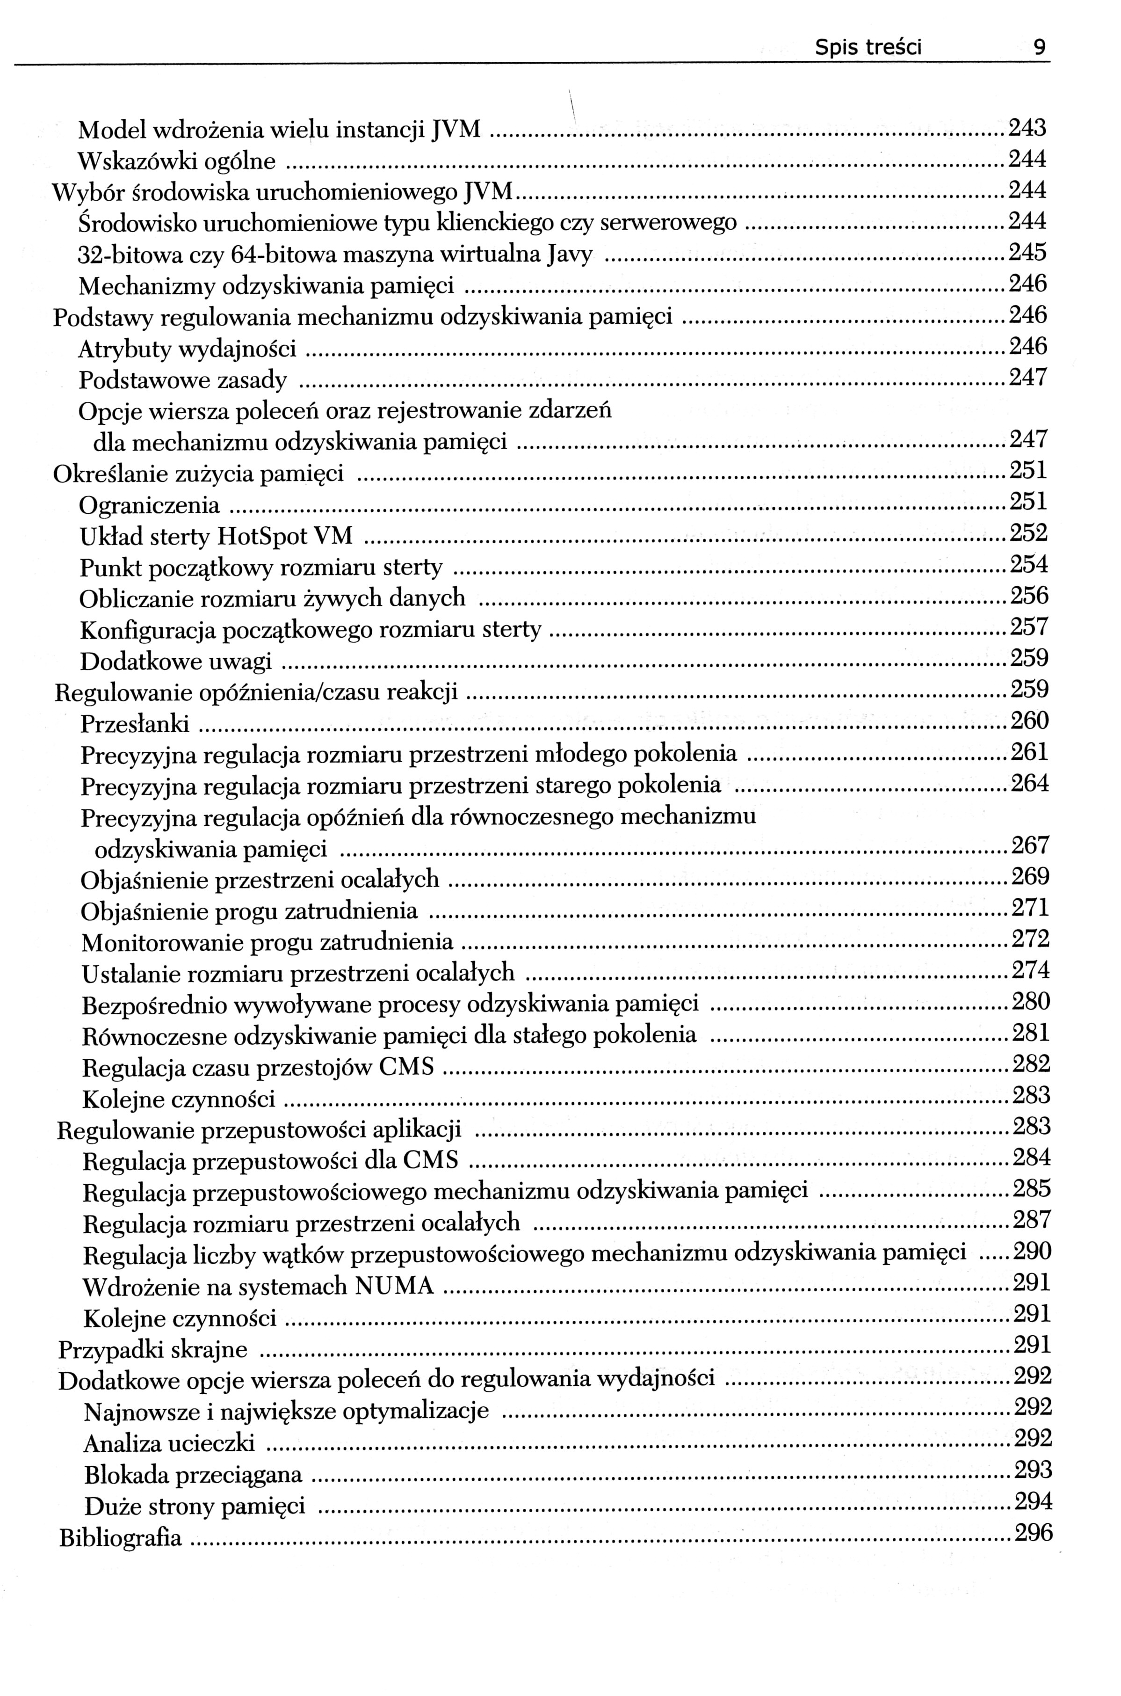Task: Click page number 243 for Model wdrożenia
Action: (1027, 128)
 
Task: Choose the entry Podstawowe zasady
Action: (182, 380)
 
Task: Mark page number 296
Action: (1034, 1534)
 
